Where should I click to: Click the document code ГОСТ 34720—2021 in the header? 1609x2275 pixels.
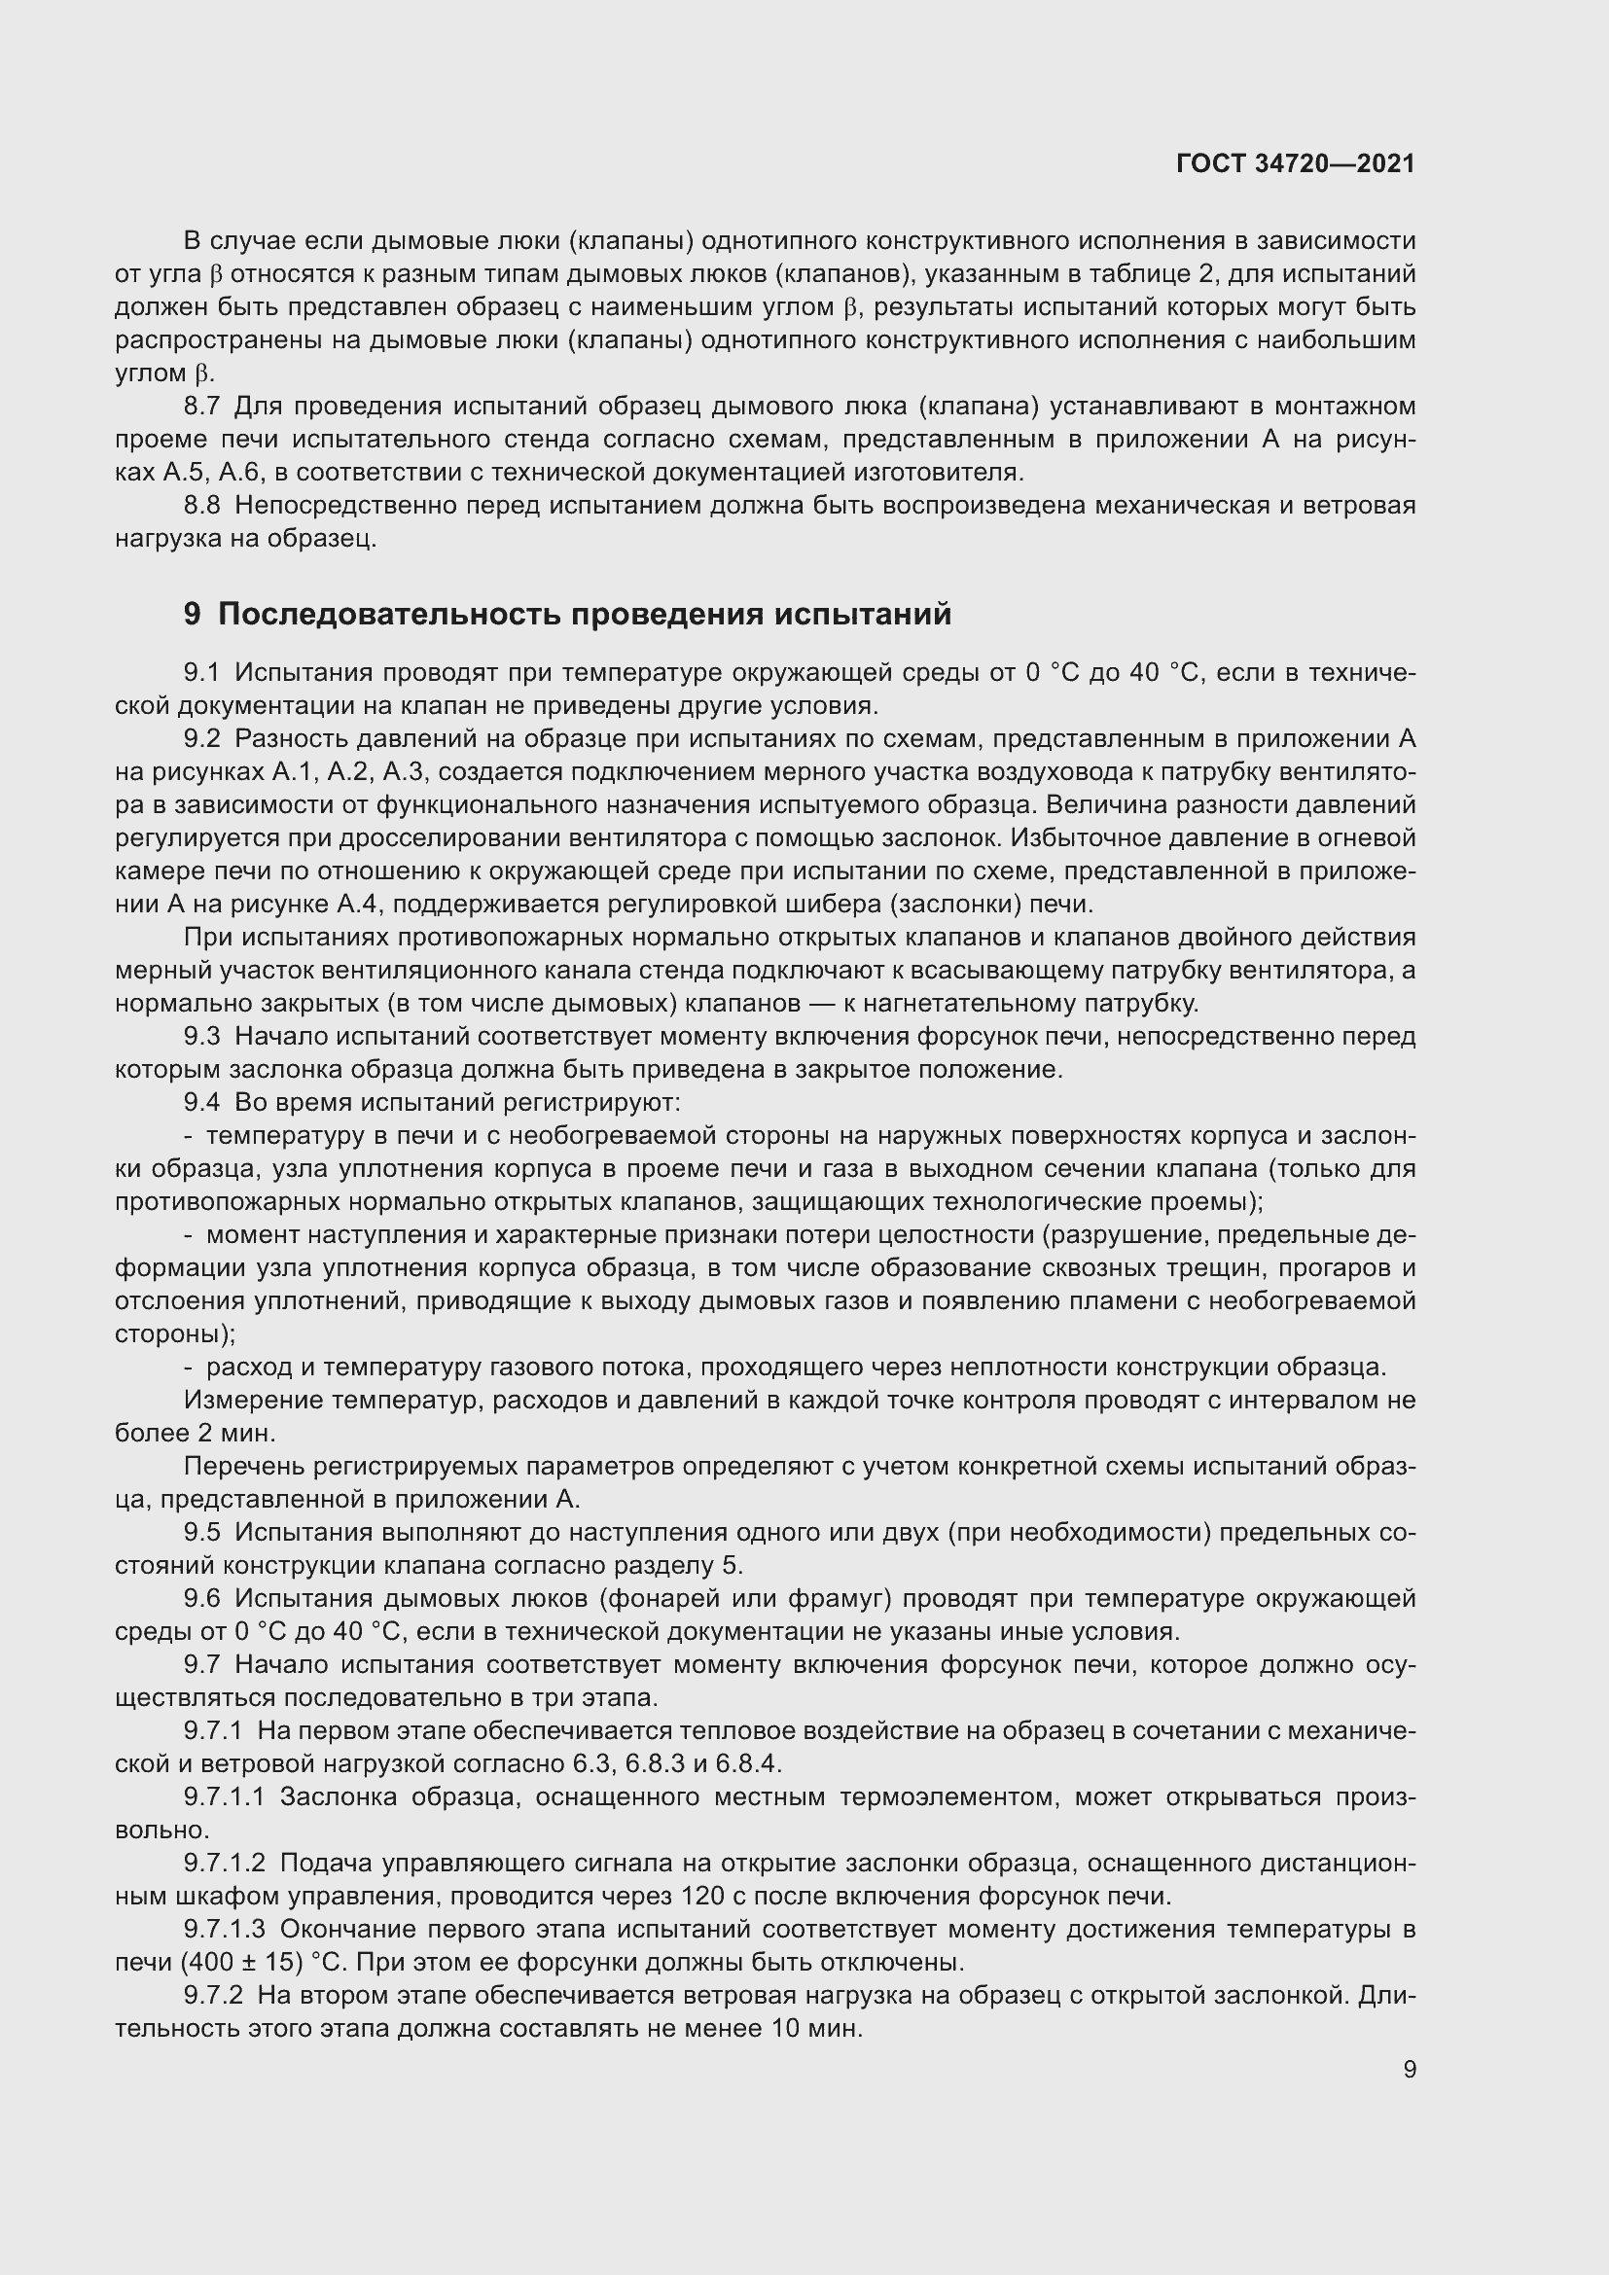pos(1295,163)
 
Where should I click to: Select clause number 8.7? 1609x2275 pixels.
pos(201,407)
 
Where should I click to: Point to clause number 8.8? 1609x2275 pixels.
pos(201,506)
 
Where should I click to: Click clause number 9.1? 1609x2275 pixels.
pos(201,673)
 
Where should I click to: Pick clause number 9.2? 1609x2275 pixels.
pos(201,739)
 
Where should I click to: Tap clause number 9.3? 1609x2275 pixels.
pos(201,1037)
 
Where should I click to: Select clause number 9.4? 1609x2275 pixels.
pos(201,1102)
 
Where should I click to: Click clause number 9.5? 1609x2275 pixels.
pos(201,1532)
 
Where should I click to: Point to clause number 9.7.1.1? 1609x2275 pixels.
pos(224,1796)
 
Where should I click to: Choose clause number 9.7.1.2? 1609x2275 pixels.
pos(224,1863)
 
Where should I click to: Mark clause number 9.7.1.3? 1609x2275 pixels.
pos(224,1929)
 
